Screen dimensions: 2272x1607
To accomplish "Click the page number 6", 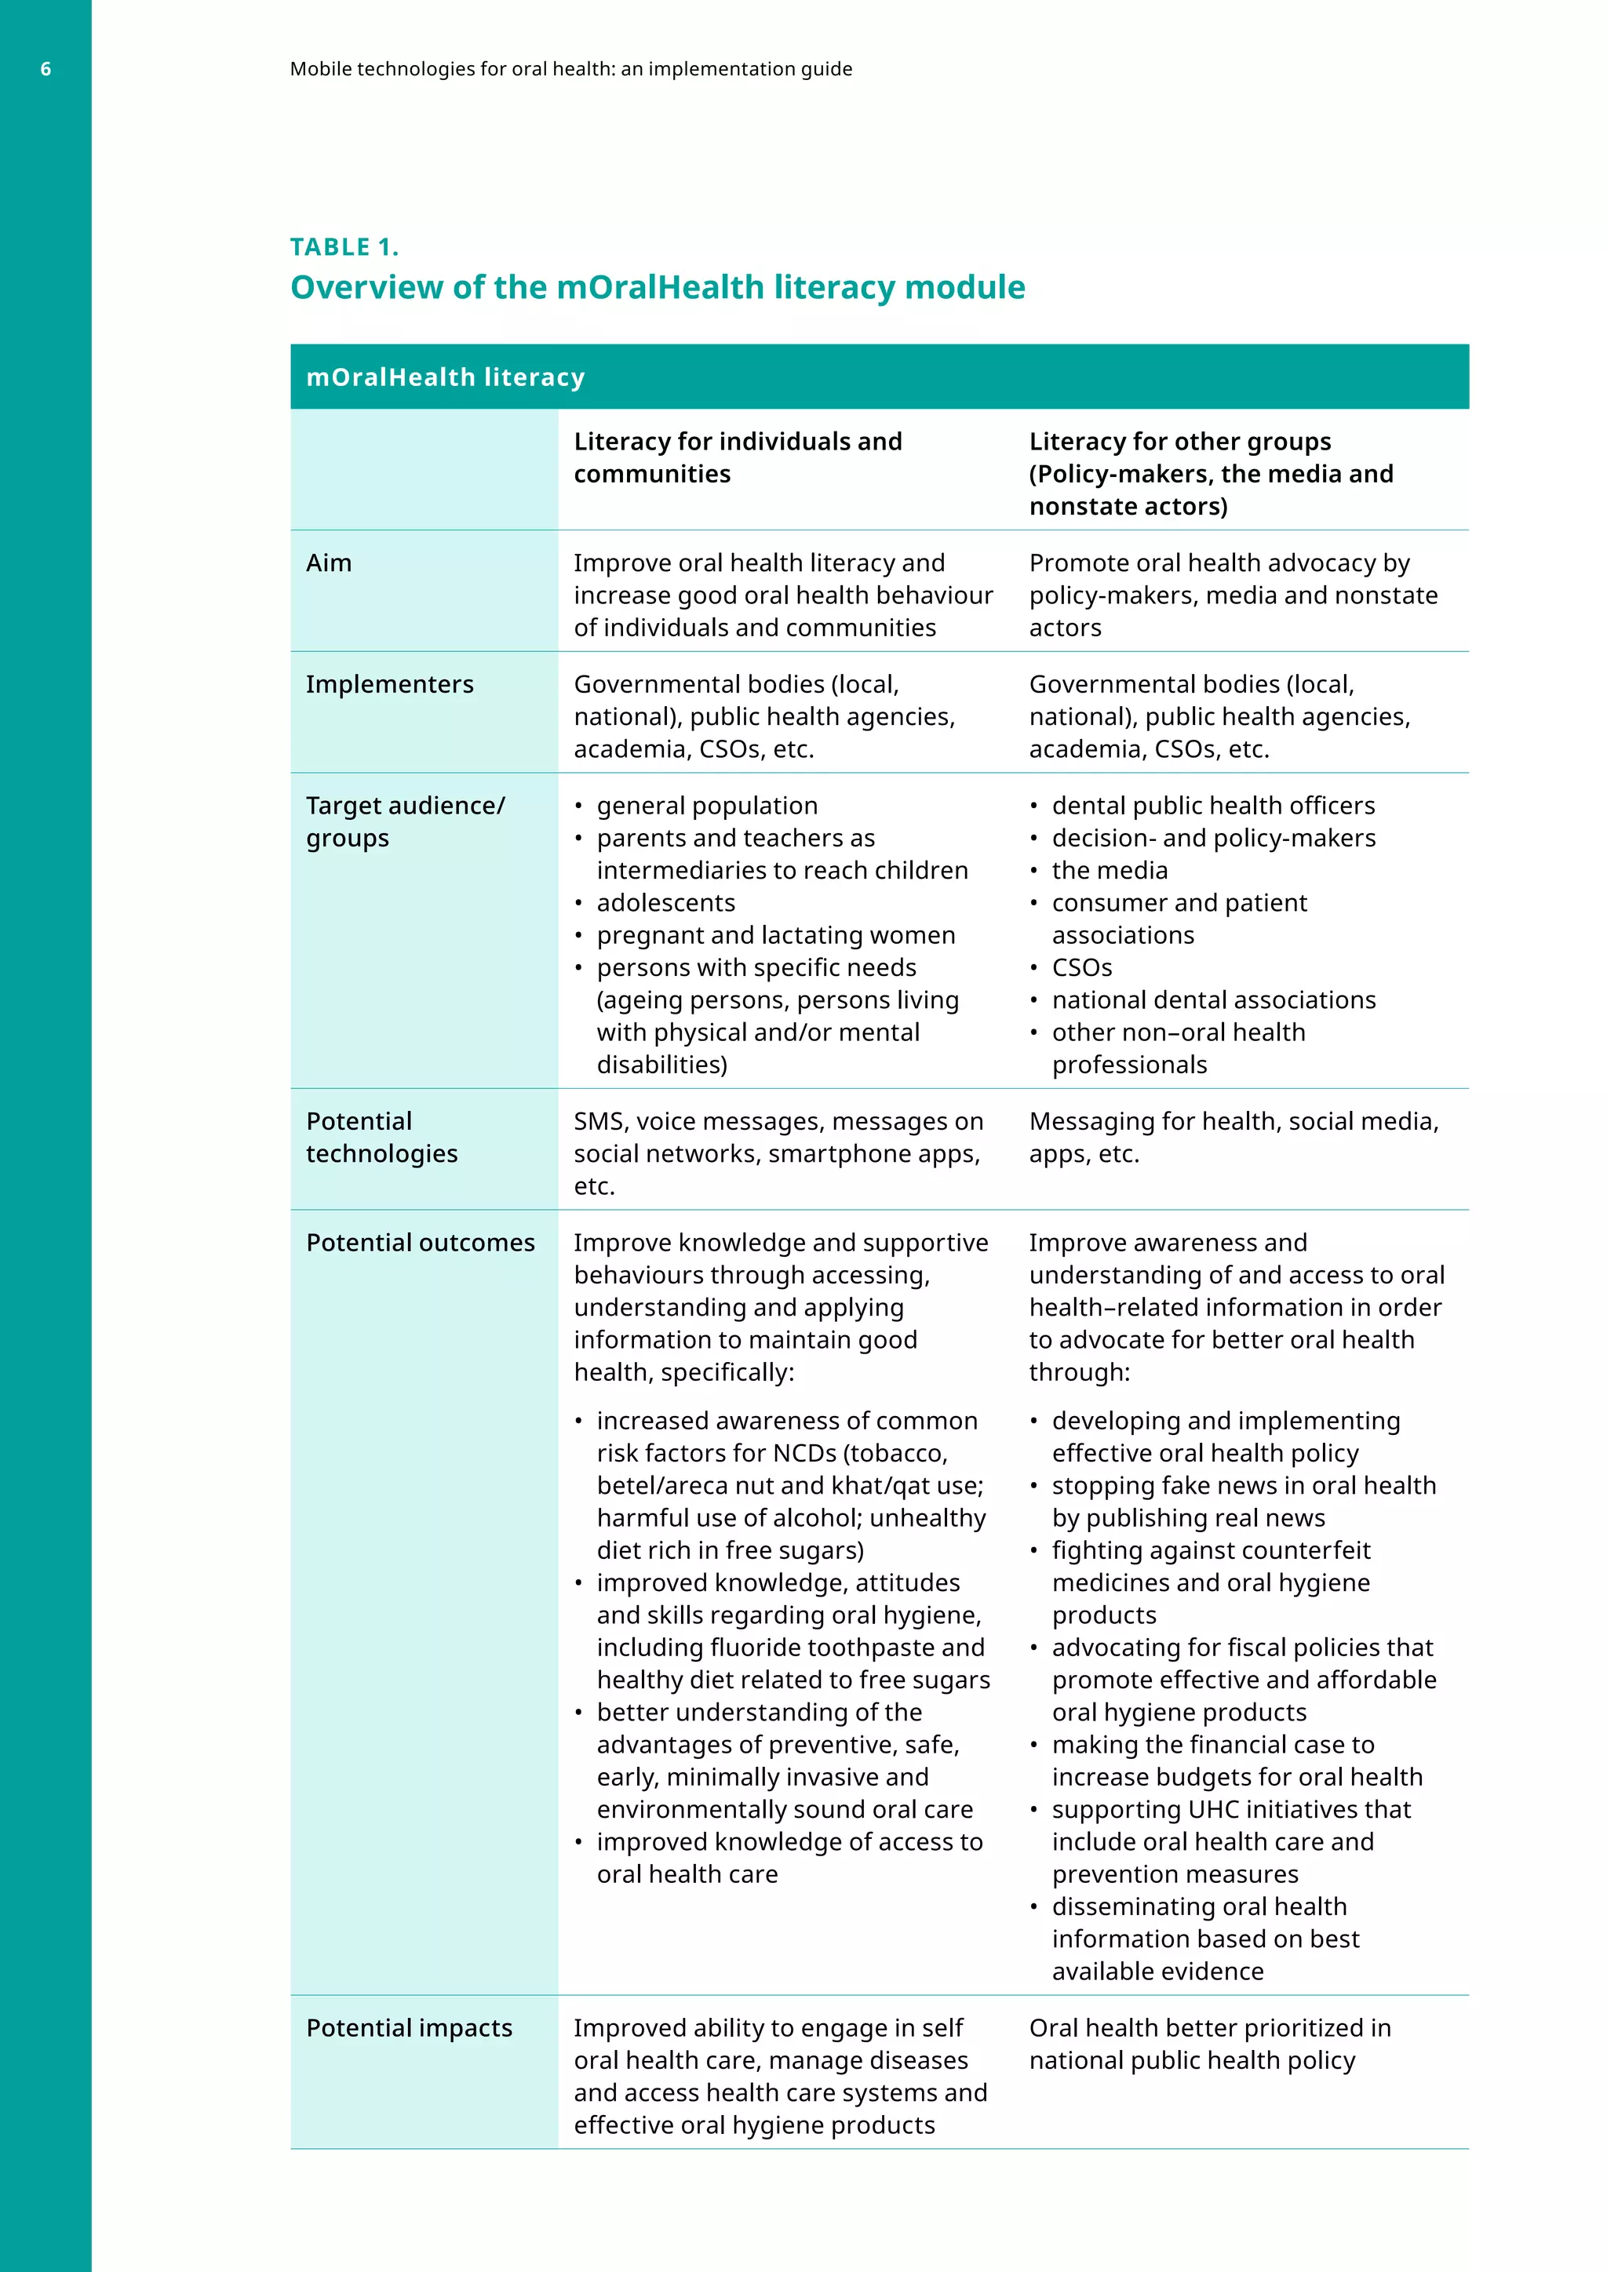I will pos(46,69).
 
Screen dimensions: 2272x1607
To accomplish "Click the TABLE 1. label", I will pos(344,247).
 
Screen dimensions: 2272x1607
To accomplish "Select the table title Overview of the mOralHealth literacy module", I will pos(657,287).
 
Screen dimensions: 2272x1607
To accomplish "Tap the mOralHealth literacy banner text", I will pos(445,377).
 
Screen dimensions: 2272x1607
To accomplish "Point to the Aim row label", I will pos(329,563).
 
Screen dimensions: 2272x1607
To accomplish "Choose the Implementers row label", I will pos(390,684).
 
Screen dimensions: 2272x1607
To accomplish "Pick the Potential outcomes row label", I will pos(420,1242).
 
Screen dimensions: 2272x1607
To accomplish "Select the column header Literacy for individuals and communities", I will pos(738,457).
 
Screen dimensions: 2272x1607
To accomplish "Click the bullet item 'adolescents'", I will pos(665,902).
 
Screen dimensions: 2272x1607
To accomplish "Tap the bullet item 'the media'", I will pos(1110,870).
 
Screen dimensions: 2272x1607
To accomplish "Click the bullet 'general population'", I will pos(706,806).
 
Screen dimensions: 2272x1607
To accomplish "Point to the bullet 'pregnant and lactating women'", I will pos(774,935).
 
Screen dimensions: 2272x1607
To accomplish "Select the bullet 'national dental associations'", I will pos(1213,999).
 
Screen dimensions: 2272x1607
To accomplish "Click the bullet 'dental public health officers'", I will pos(1213,806).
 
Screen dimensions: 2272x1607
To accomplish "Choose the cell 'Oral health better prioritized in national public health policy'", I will pos(1209,2044).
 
